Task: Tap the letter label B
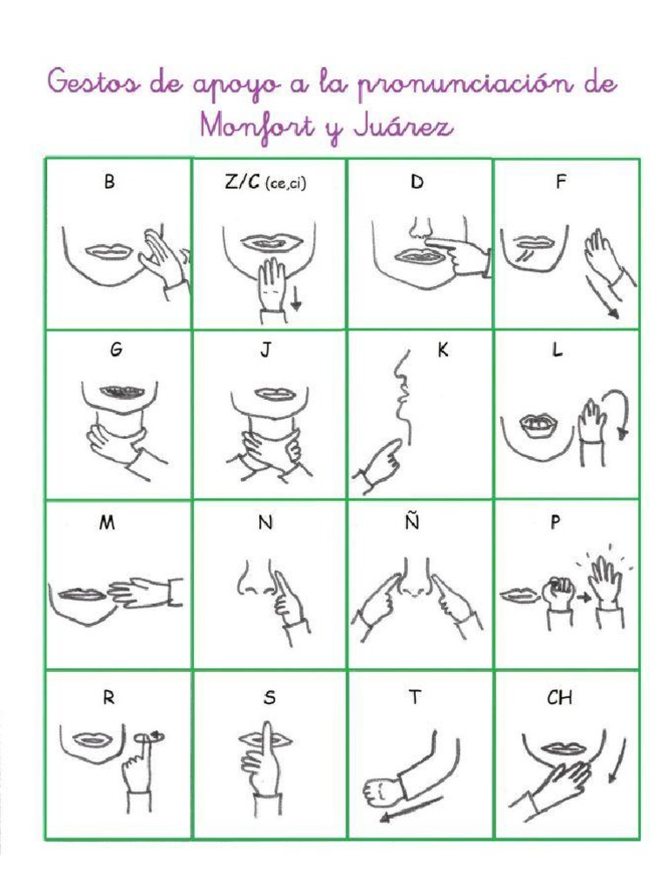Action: [109, 183]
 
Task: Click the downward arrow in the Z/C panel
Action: [297, 300]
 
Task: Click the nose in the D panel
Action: [418, 228]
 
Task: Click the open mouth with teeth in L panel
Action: [531, 423]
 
